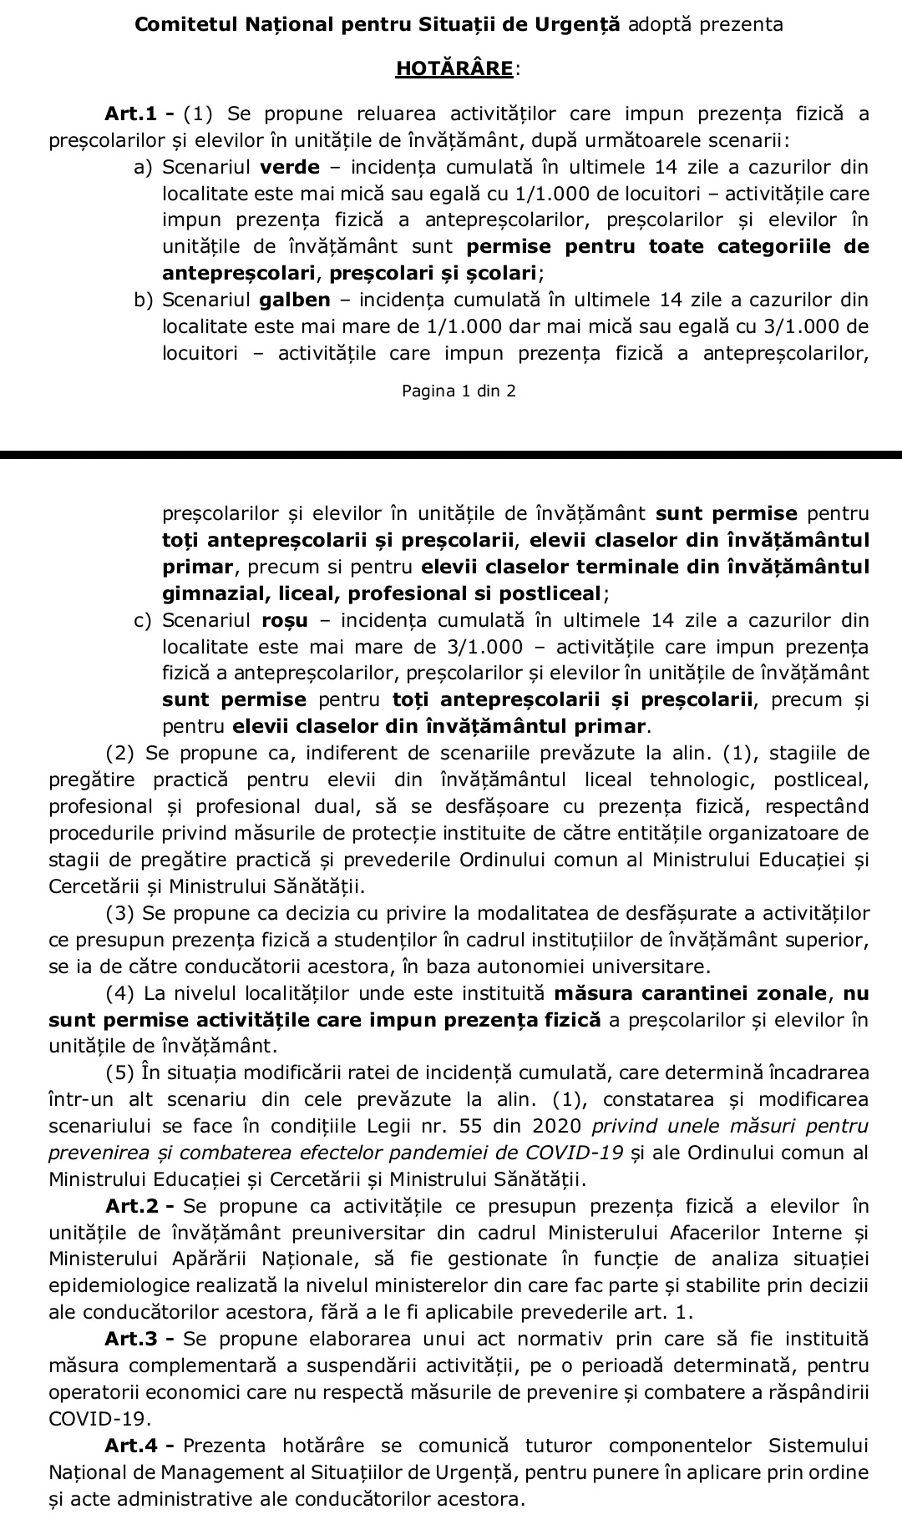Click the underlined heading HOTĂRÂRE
[x=454, y=68]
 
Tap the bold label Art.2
[x=135, y=1206]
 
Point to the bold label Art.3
[x=135, y=1340]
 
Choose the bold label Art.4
[x=135, y=1446]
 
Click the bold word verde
[x=290, y=167]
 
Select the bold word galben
[x=295, y=300]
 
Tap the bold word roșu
[x=285, y=620]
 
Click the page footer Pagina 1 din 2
[x=459, y=391]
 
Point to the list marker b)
[x=144, y=300]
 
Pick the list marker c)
[x=143, y=620]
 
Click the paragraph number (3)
[x=120, y=914]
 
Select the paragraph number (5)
[x=120, y=1072]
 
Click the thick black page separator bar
[x=451, y=456]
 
